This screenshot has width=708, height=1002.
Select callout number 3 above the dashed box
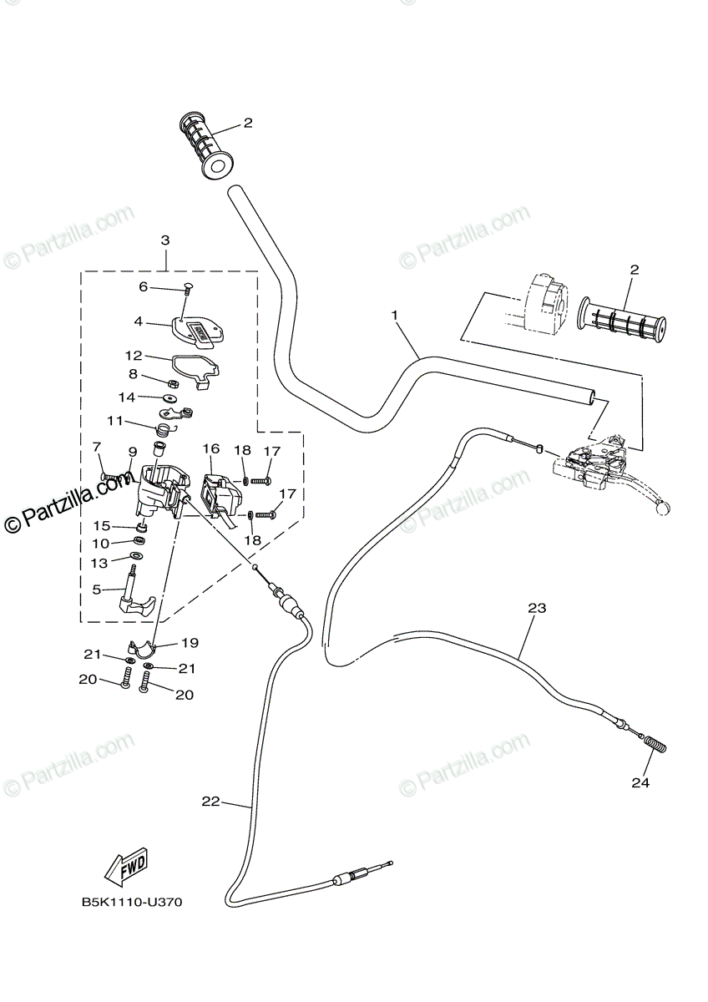(165, 240)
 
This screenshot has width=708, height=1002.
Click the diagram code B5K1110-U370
(131, 903)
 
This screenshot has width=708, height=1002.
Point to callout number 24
(640, 783)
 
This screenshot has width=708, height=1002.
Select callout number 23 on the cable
(536, 608)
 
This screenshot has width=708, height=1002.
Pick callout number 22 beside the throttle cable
(210, 802)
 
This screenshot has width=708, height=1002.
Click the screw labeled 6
(185, 289)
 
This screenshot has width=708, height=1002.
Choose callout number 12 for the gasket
(134, 355)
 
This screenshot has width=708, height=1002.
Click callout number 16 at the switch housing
(210, 449)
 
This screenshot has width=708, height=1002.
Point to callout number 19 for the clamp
(190, 643)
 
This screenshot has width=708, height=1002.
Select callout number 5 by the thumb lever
(97, 590)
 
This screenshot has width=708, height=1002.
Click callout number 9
(133, 452)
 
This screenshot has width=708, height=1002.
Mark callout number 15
(101, 525)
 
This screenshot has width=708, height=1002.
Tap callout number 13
(99, 564)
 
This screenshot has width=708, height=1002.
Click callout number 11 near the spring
(115, 420)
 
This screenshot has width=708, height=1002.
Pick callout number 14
(125, 397)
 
